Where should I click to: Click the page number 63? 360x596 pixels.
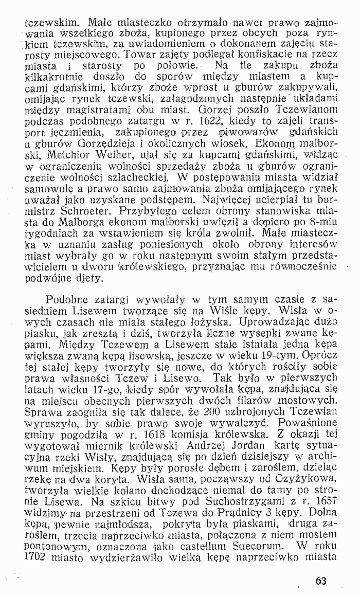pyautogui.click(x=321, y=581)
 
